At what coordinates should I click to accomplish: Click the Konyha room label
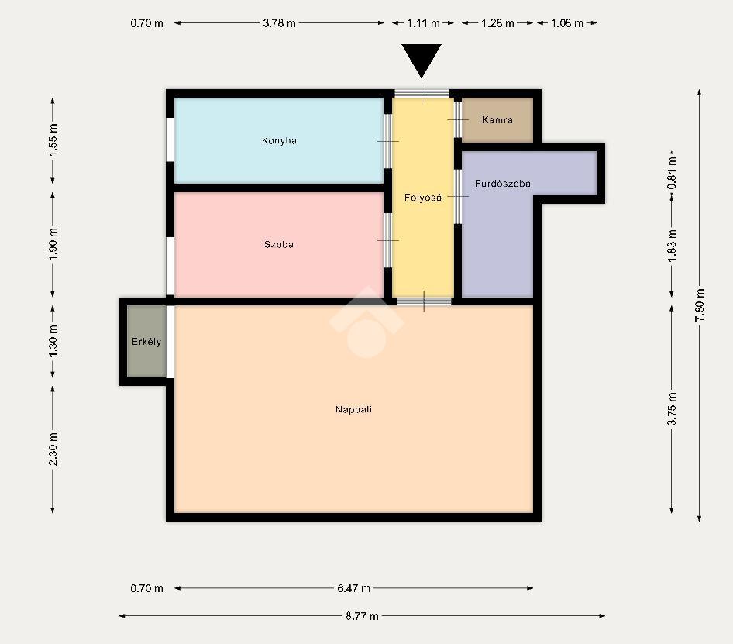[x=279, y=140]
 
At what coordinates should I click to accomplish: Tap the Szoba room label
[x=279, y=244]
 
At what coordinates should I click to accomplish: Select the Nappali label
[x=353, y=409]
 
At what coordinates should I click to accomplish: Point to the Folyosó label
[x=422, y=198]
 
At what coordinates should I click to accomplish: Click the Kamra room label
[x=497, y=119]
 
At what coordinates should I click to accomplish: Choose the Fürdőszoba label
[x=503, y=184]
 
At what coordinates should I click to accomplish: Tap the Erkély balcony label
[x=146, y=342]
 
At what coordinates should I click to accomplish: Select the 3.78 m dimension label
[x=279, y=23]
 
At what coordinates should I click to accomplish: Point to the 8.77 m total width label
[x=362, y=615]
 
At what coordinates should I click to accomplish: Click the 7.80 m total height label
[x=700, y=305]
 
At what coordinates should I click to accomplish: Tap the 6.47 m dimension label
[x=354, y=588]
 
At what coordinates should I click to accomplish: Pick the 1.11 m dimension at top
[x=423, y=23]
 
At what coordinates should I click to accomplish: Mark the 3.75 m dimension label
[x=672, y=408]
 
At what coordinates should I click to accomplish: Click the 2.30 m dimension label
[x=53, y=449]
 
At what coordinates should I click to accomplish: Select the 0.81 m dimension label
[x=672, y=172]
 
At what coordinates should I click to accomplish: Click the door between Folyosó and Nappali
[x=424, y=301]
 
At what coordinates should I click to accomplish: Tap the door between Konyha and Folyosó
[x=388, y=141]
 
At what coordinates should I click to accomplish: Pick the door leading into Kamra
[x=458, y=119]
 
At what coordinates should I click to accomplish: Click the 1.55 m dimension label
[x=53, y=139]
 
